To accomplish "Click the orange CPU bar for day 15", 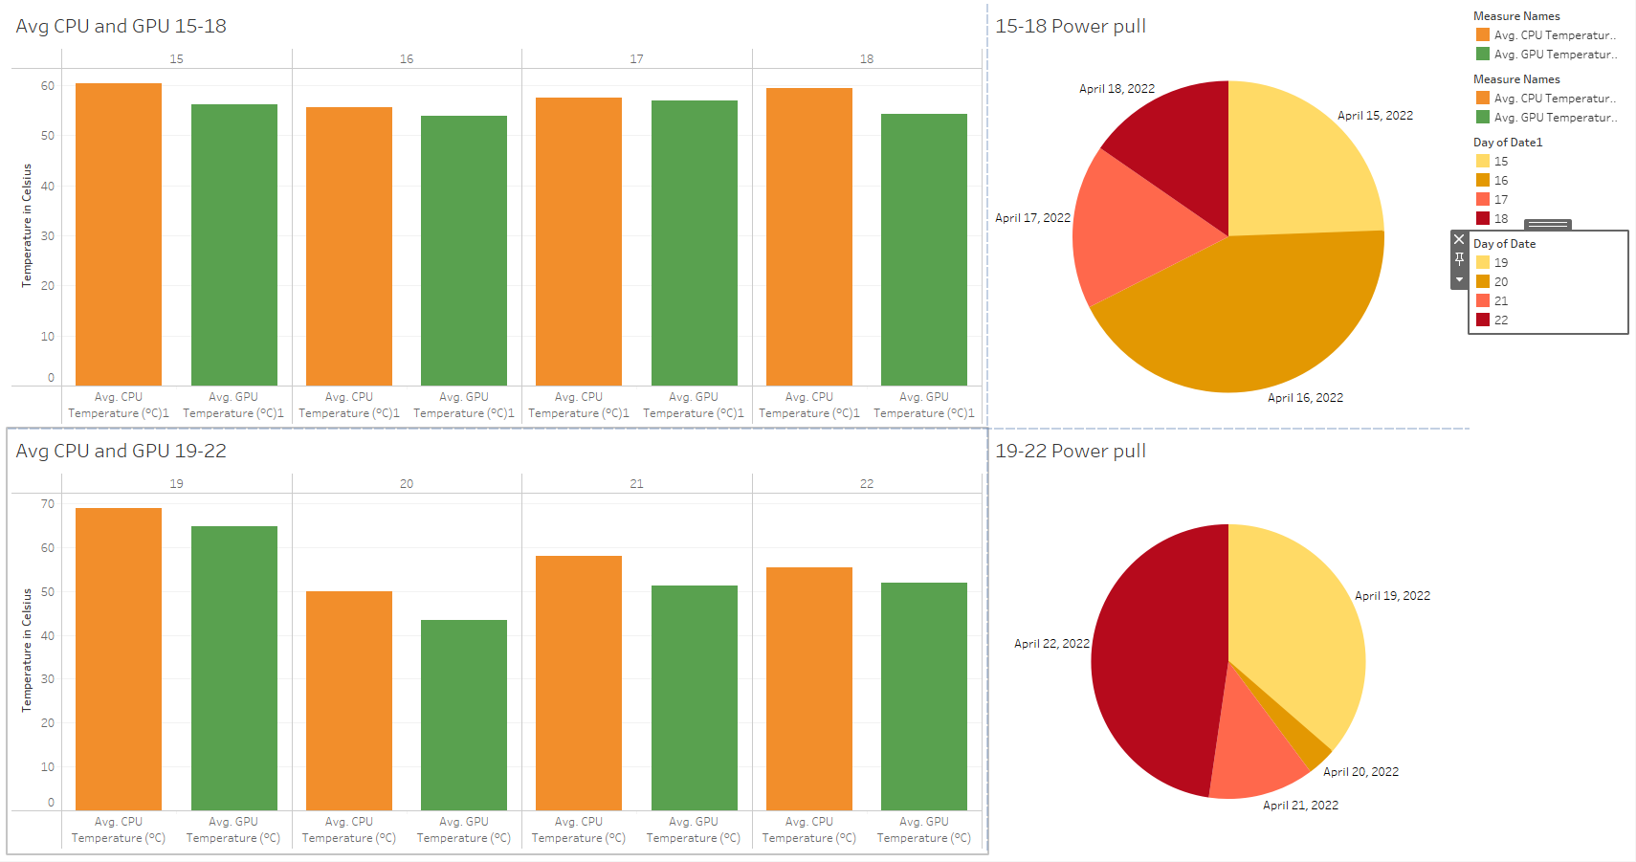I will (x=119, y=234).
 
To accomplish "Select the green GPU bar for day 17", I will (x=694, y=243).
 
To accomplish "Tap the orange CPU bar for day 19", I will (x=119, y=659).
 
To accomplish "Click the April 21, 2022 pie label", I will (x=1300, y=806).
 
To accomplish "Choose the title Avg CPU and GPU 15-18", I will (x=122, y=26).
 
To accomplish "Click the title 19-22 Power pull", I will (x=1071, y=451).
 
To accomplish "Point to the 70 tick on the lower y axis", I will (x=48, y=504).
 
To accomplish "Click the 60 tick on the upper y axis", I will (x=48, y=86).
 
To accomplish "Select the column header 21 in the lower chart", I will (x=636, y=483).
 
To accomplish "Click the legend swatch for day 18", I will (x=1483, y=218).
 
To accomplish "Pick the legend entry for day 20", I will (x=1500, y=281).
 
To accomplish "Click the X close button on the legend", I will (x=1459, y=239).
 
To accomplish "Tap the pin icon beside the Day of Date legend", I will (x=1459, y=258).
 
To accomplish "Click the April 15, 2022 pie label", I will (x=1375, y=116).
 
